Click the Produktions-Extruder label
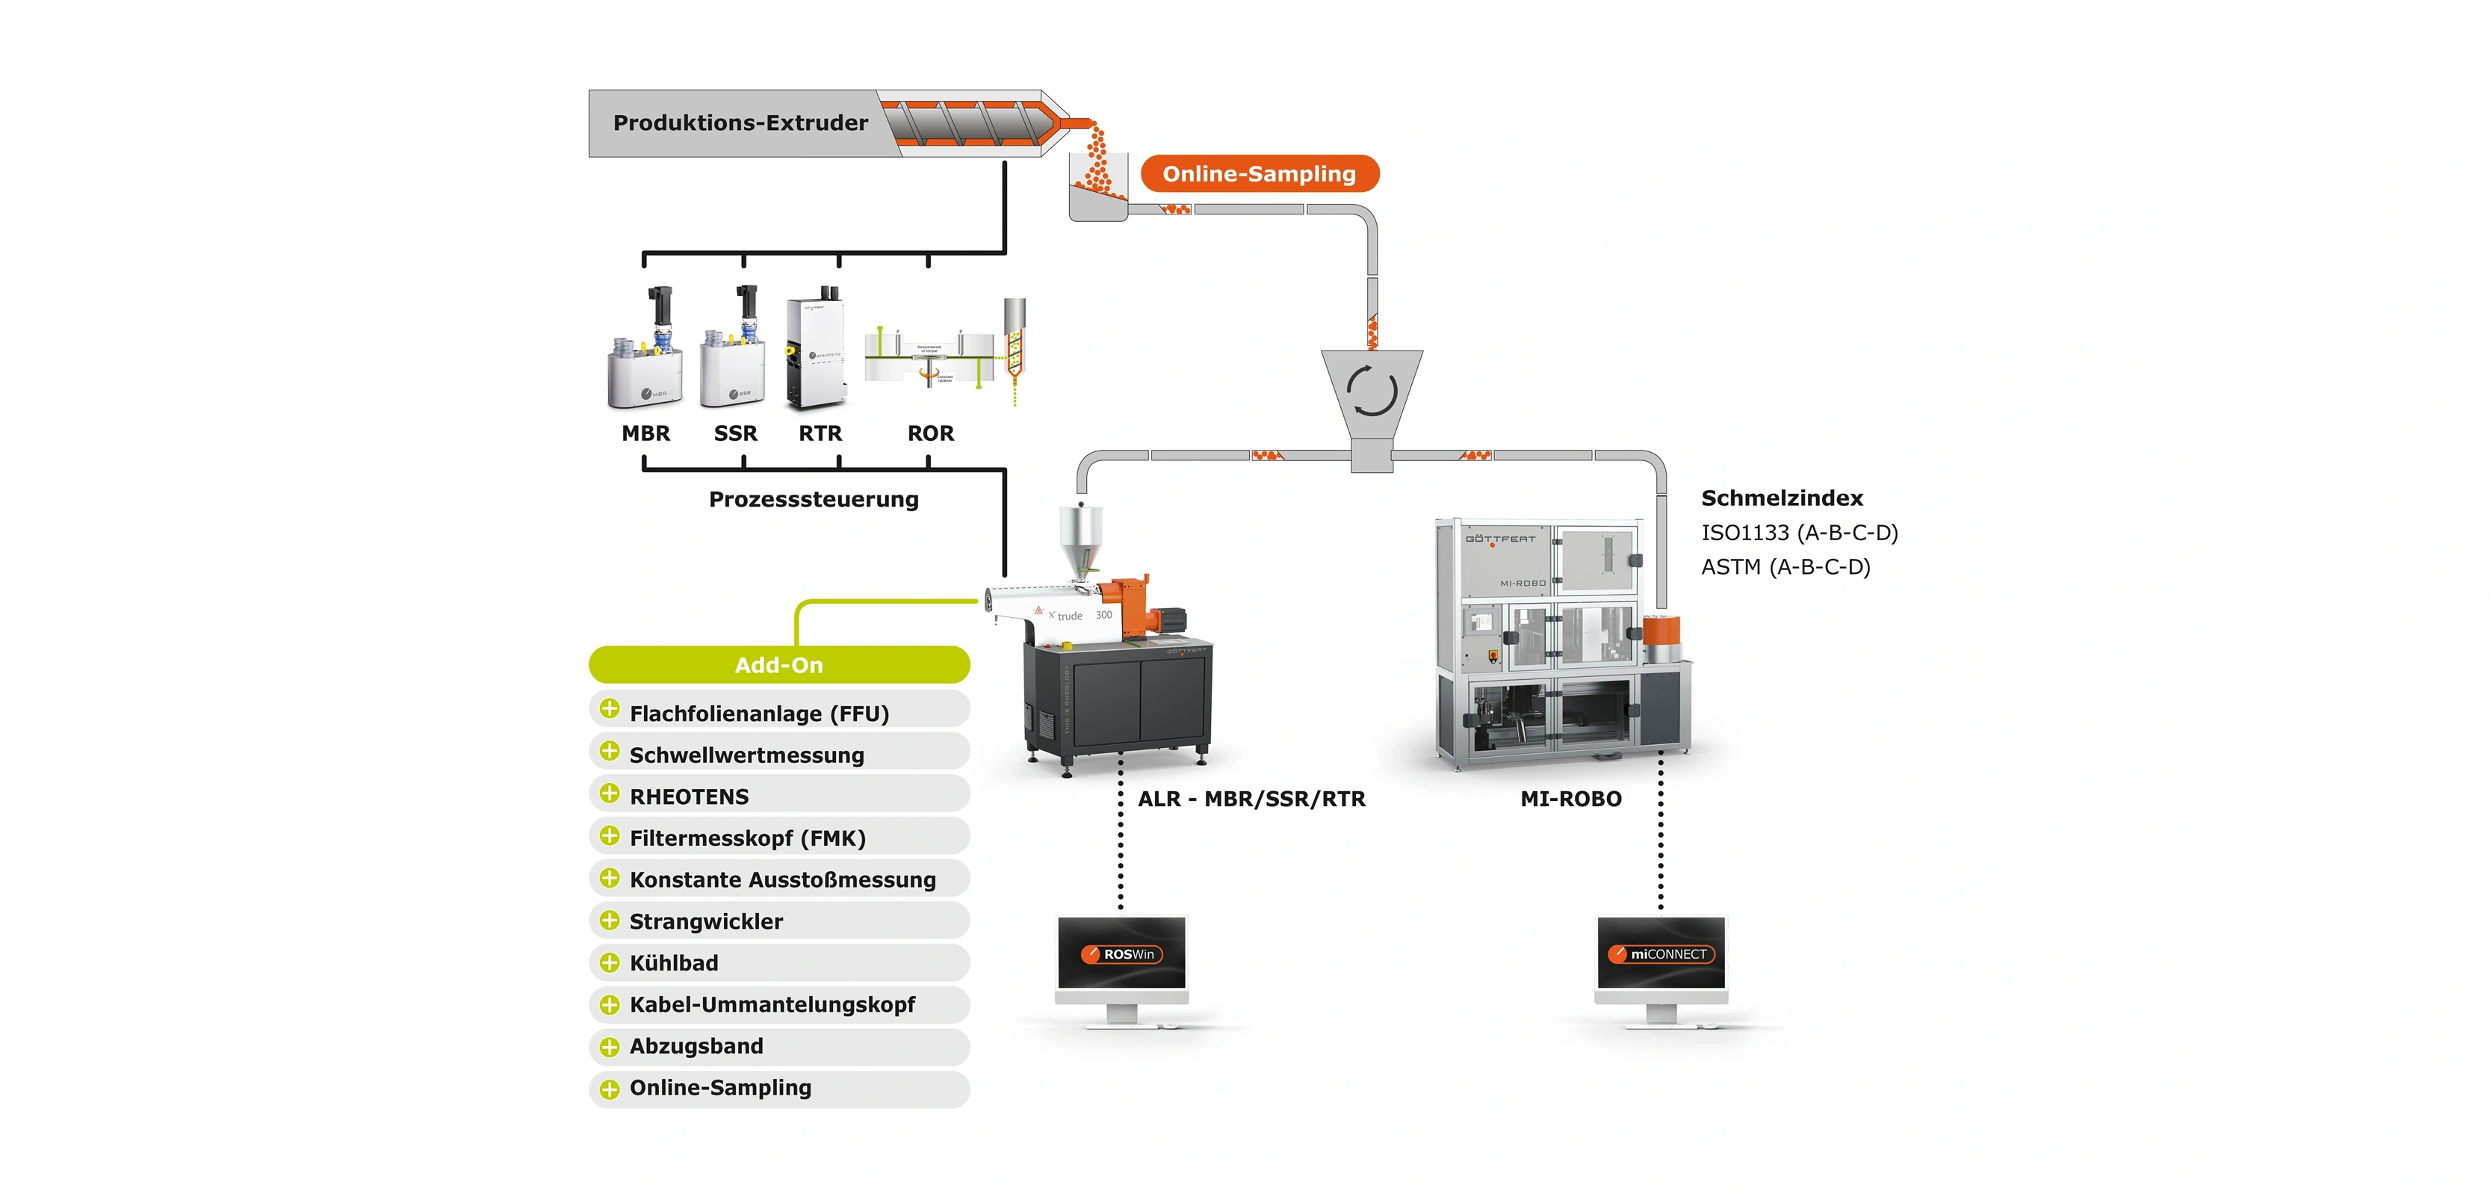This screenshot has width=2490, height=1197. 740,123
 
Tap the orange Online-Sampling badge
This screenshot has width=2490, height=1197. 1259,174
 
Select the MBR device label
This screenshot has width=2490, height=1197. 645,433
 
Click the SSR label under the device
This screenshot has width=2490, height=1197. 736,433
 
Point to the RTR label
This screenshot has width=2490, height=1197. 820,433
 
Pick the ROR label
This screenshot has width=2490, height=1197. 930,433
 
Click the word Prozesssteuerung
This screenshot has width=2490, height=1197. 813,499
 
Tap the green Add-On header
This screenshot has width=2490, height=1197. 778,665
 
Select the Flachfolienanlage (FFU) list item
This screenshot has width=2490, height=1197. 759,714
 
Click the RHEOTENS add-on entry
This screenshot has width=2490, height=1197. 690,797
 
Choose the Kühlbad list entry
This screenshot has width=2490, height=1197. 674,963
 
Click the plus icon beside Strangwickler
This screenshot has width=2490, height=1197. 610,921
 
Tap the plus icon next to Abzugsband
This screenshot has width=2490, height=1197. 610,1047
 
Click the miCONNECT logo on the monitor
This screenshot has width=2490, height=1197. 1661,954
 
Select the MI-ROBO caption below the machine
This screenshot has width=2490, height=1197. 1571,799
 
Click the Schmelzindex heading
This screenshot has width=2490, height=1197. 1782,498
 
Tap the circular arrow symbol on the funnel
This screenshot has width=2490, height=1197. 1372,392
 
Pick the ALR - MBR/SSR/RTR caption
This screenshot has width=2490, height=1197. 1252,799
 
